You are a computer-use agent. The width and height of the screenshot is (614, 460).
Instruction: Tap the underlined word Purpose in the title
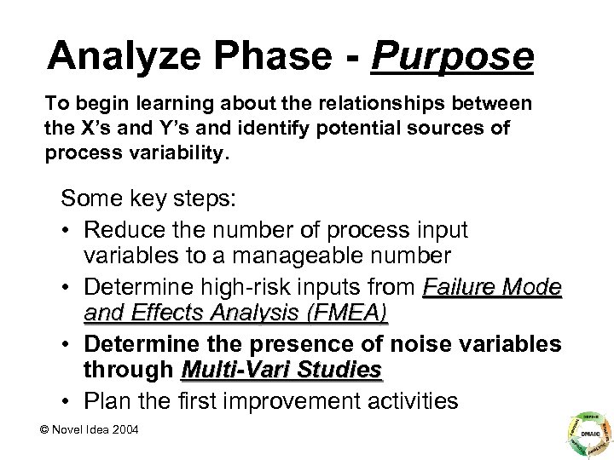tap(453, 57)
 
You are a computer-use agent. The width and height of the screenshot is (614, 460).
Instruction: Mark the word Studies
tap(343, 370)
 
